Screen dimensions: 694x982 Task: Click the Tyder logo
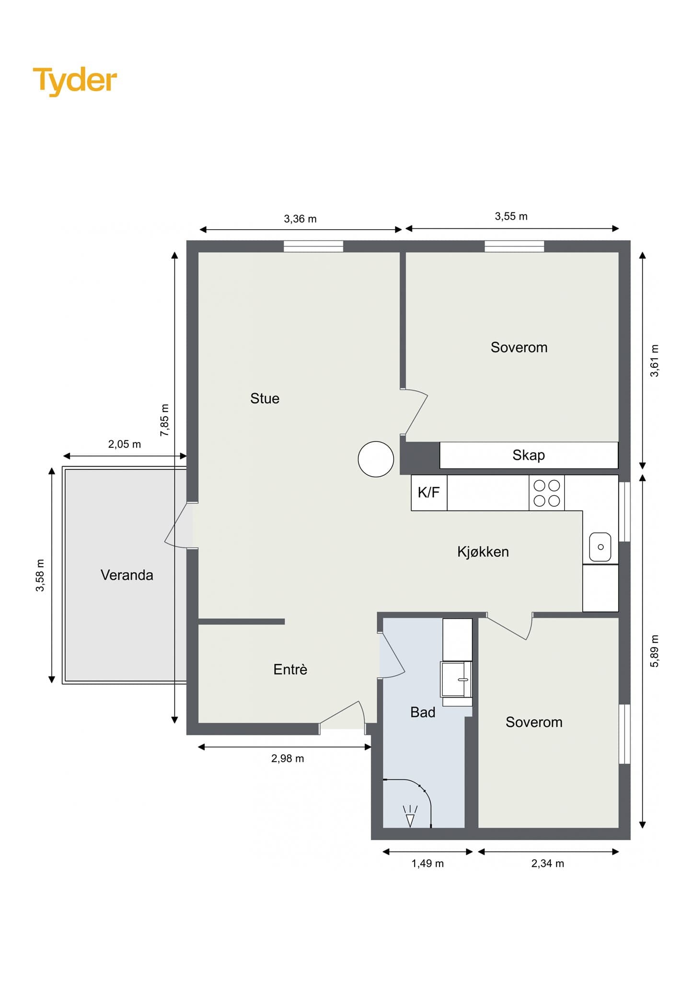click(x=75, y=81)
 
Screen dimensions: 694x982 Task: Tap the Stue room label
click(x=265, y=398)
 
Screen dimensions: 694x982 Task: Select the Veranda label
click(x=127, y=575)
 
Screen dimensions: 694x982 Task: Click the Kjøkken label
click(x=483, y=552)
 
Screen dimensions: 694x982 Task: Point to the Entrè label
click(x=290, y=669)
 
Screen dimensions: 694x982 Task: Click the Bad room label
click(x=423, y=713)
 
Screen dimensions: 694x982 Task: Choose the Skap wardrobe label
click(x=529, y=455)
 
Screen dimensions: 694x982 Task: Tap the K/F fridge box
click(x=429, y=492)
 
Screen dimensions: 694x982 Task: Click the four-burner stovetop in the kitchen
click(x=547, y=493)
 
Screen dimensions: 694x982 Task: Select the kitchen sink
click(x=600, y=547)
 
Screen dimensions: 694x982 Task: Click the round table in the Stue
click(x=376, y=459)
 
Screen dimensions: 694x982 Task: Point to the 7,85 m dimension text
click(x=164, y=420)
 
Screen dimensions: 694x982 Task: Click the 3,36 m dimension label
click(x=301, y=219)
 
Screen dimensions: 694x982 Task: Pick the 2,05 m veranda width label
click(x=125, y=444)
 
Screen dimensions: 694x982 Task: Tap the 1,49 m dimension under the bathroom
click(x=428, y=864)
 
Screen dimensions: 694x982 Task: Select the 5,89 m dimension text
click(x=655, y=651)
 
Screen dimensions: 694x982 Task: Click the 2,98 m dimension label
click(x=288, y=759)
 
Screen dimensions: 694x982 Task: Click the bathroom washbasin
click(x=456, y=679)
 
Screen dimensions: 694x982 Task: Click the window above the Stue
click(x=313, y=246)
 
